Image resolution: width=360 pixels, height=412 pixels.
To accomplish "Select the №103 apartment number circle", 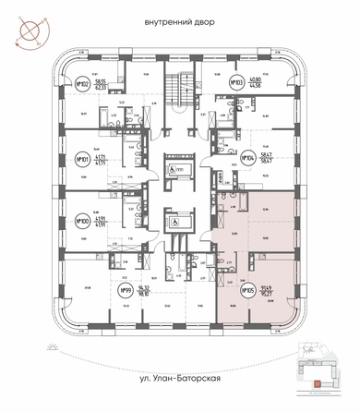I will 237,83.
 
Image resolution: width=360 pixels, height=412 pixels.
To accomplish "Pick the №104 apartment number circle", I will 248,158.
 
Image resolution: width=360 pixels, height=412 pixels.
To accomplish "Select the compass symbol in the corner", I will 27,30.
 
